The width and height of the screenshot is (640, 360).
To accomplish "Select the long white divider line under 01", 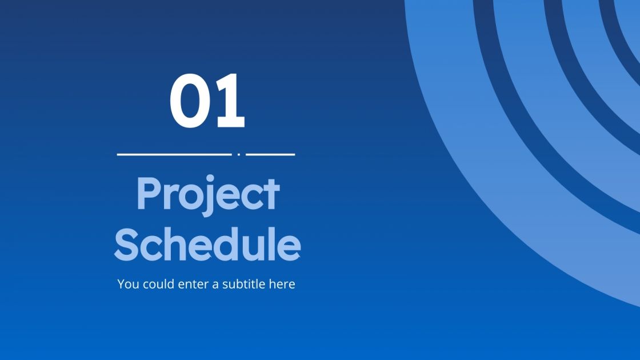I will pyautogui.click(x=174, y=154).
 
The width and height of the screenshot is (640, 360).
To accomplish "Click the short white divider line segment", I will pyautogui.click(x=270, y=154).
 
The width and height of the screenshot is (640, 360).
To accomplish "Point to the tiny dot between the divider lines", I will pyautogui.click(x=238, y=154).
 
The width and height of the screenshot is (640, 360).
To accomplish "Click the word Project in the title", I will pyautogui.click(x=208, y=194).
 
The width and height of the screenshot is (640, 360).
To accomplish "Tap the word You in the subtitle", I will pyautogui.click(x=129, y=284).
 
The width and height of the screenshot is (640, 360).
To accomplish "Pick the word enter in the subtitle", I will pyautogui.click(x=194, y=284).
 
